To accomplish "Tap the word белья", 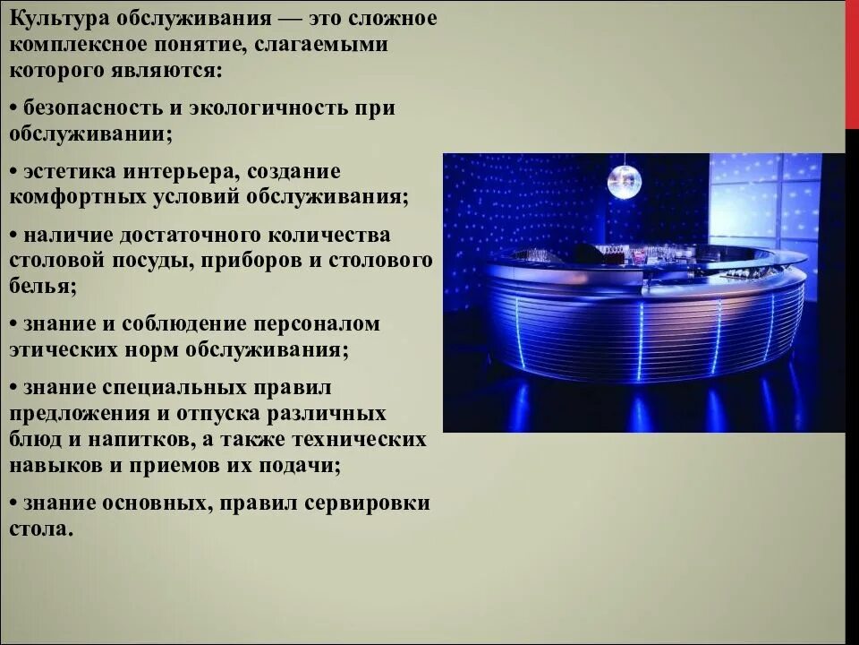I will pyautogui.click(x=41, y=287).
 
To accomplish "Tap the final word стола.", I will pyautogui.click(x=39, y=529).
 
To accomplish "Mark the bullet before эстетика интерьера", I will pyautogui.click(x=13, y=172).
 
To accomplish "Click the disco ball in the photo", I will pyautogui.click(x=624, y=182).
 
